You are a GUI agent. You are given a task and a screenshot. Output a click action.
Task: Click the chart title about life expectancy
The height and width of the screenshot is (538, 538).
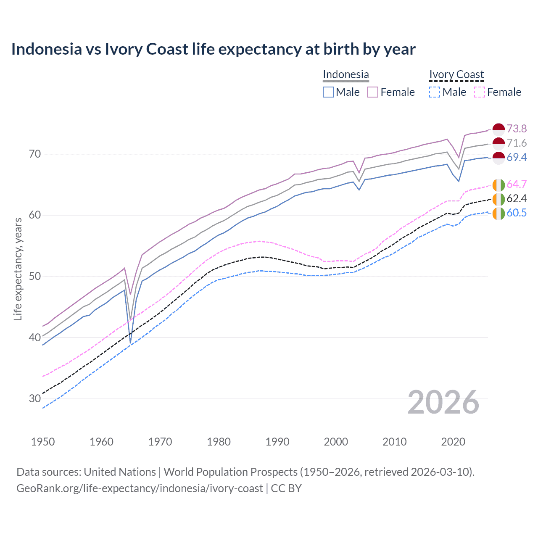pos(213,49)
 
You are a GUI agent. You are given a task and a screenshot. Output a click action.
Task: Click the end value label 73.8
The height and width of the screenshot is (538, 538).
pos(517,129)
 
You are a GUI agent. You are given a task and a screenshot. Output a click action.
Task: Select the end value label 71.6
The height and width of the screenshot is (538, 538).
pos(517,143)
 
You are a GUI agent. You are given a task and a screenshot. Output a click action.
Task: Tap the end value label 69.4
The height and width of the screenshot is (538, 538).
pos(517,157)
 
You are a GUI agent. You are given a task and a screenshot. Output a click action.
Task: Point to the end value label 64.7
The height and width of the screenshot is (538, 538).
pos(517,184)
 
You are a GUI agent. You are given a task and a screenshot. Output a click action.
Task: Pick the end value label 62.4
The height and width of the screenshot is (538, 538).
pos(517,198)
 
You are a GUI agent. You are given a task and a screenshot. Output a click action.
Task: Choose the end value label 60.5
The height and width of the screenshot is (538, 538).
pos(517,213)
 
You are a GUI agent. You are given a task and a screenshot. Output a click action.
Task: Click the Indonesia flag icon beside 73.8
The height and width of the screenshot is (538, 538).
pos(498,129)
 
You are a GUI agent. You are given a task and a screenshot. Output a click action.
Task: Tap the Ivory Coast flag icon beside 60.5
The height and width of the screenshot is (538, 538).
pos(498,213)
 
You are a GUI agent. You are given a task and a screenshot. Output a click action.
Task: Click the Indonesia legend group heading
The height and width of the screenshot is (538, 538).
pos(345,74)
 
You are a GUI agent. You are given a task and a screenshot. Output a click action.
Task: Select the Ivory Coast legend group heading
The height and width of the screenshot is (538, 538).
pos(456,74)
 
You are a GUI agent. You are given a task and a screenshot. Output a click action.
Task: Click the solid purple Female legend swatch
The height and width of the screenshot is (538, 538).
pos(373,92)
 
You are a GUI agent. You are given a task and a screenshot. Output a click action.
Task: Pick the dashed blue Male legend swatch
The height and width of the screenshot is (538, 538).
pos(435,92)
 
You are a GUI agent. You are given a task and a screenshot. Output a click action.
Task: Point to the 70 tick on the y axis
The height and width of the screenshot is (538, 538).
pos(35,154)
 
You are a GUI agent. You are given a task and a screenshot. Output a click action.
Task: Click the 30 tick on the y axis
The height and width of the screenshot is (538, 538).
pos(35,398)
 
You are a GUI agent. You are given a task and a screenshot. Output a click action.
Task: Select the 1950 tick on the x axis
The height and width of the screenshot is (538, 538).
pos(43,442)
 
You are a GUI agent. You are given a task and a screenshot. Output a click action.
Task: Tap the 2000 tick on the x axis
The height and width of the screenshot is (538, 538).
pos(336,442)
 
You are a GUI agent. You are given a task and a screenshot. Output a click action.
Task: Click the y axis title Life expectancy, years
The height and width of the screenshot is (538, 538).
pos(18,269)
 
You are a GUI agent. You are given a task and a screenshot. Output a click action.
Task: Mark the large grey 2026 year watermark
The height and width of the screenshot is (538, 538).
pos(443,402)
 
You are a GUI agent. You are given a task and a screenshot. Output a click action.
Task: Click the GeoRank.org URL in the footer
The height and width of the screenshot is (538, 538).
pos(140,488)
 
